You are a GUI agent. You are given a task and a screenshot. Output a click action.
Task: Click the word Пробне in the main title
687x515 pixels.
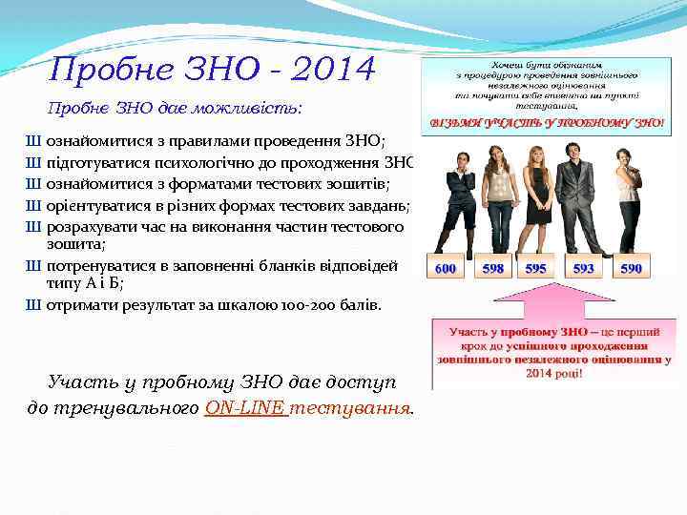(x=104, y=70)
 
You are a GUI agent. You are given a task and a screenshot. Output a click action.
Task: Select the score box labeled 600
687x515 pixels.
(x=446, y=269)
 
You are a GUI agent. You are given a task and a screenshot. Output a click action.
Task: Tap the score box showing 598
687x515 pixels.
(x=493, y=269)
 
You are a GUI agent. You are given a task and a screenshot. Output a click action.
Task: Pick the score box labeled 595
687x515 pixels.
(x=536, y=269)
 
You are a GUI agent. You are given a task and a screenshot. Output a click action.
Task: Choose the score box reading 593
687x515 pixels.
(x=583, y=269)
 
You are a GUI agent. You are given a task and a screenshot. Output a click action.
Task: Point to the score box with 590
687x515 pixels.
(x=631, y=269)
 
